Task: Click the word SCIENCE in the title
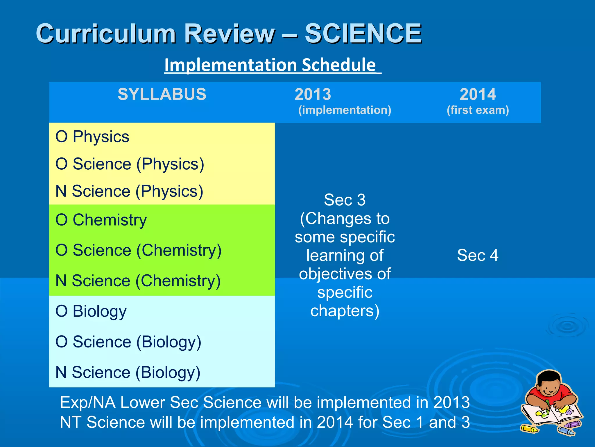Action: (x=363, y=34)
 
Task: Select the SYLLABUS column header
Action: (x=162, y=94)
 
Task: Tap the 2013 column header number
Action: (x=313, y=94)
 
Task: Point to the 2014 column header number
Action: (x=478, y=94)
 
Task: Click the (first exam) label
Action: (x=478, y=110)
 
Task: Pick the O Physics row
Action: (x=92, y=136)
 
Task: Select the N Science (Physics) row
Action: (x=129, y=191)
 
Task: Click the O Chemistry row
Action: (x=101, y=220)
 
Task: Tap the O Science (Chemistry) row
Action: (x=138, y=250)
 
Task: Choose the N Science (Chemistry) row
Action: (x=138, y=281)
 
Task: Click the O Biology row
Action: (x=91, y=311)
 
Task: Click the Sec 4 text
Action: (x=478, y=255)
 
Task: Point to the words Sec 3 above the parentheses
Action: (x=345, y=200)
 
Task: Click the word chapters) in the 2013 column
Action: (x=345, y=311)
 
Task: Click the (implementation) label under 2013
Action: (x=345, y=110)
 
